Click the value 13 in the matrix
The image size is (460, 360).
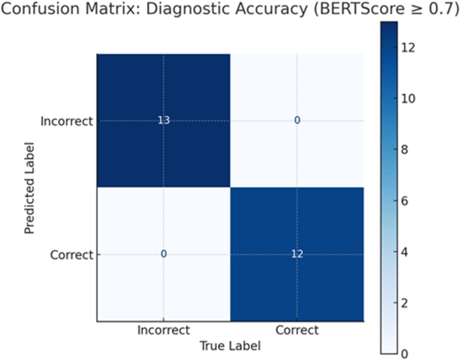pos(163,121)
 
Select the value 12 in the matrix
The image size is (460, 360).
pos(296,254)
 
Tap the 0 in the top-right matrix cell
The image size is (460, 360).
pos(296,121)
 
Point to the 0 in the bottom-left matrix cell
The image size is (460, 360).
pos(163,254)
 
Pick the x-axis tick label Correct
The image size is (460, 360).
pos(296,331)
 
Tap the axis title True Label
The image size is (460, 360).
pos(229,345)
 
